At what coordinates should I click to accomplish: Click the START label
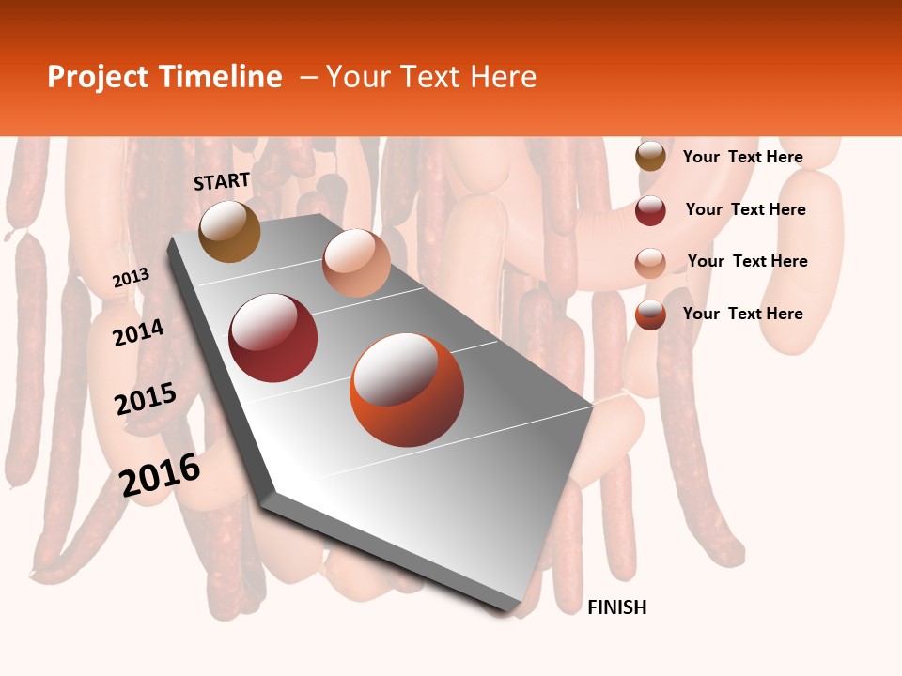222,181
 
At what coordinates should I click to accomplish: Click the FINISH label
617,607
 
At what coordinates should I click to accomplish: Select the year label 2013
131,278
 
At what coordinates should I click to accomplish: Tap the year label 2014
138,332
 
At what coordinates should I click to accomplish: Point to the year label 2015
146,399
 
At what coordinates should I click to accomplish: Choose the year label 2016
160,475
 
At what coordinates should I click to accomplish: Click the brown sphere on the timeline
230,231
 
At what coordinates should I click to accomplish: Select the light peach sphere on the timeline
356,263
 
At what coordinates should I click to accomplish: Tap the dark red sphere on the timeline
273,338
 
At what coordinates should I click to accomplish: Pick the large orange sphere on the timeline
407,390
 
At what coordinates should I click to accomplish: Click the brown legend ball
650,157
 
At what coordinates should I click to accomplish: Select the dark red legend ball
650,210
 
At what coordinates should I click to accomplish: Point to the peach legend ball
650,263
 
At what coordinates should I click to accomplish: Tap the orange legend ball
650,315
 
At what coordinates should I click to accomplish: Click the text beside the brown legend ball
742,157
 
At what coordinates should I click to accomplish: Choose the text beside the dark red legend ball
745,209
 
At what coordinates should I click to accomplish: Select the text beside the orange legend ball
742,314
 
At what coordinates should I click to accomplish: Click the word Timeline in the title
220,77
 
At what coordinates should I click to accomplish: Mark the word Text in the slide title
433,77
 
